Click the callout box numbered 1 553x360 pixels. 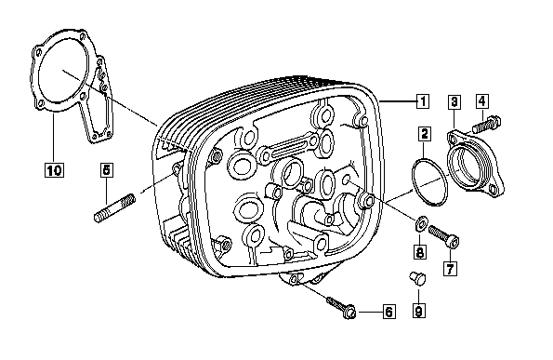[423, 101]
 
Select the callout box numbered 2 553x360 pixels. [425, 134]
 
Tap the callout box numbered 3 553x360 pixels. [454, 101]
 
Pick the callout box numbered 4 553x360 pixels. [482, 101]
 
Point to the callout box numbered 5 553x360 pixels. [106, 169]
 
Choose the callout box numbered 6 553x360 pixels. [389, 312]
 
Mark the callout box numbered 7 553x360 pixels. [450, 269]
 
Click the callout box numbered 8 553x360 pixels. [420, 252]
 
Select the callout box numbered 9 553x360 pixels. [418, 311]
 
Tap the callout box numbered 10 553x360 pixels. [54, 170]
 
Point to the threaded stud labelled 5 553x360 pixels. [114, 208]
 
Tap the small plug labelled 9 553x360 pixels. [417, 278]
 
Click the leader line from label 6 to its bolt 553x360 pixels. [370, 312]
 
